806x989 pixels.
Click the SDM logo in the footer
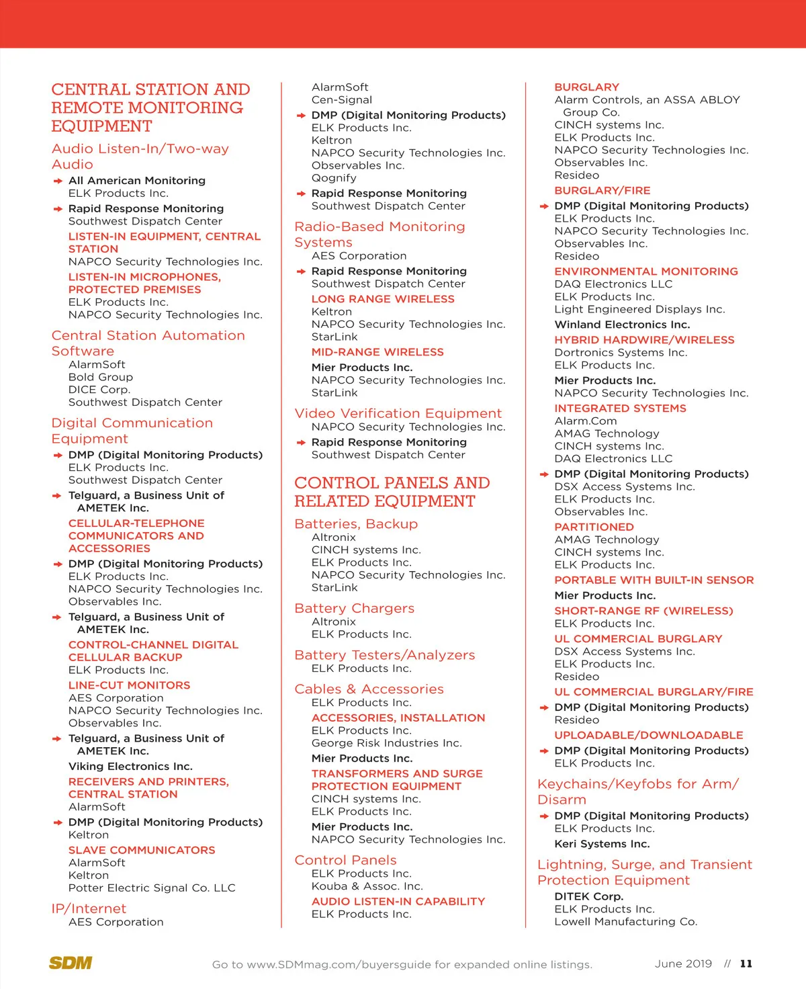(70, 963)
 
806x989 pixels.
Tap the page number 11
(746, 963)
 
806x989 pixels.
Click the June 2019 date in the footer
(683, 963)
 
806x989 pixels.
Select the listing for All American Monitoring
(137, 181)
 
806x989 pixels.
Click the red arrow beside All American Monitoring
(58, 181)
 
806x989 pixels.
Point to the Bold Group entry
(101, 377)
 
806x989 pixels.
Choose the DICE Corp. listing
(99, 390)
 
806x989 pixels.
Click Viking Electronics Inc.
(130, 766)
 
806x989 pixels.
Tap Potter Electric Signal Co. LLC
(152, 888)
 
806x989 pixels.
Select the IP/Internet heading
(89, 908)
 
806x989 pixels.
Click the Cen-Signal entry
(342, 99)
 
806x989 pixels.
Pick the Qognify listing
(334, 178)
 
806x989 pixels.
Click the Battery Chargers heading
(355, 608)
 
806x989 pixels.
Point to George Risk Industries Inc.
(387, 743)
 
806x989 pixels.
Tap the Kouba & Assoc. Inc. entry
(367, 886)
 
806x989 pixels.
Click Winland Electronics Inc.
(622, 325)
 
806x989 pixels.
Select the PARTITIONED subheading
(594, 527)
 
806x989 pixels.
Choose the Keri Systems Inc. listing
(602, 844)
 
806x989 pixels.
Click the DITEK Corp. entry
(589, 896)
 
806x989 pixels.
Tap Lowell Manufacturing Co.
(626, 922)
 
